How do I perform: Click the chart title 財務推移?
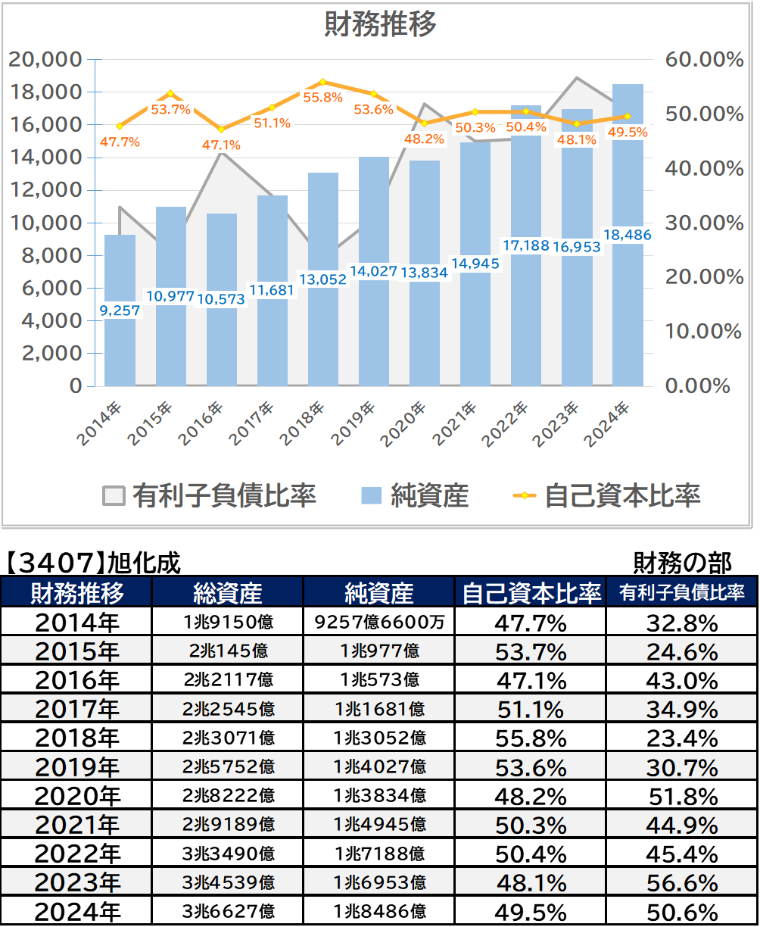click(x=381, y=23)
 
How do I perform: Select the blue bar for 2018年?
click(x=323, y=279)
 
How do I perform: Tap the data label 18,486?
click(x=627, y=235)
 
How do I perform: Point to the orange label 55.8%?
click(x=323, y=97)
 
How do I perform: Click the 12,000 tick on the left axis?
click(x=46, y=190)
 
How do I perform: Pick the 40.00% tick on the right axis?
click(x=704, y=168)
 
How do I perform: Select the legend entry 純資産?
click(x=415, y=495)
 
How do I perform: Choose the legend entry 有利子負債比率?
click(x=209, y=495)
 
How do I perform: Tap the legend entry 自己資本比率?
click(x=606, y=495)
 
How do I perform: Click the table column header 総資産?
click(x=228, y=592)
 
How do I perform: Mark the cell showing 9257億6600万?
click(x=379, y=622)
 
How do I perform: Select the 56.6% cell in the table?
click(x=682, y=883)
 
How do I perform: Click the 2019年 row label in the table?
click(x=77, y=767)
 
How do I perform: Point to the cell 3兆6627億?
click(x=229, y=912)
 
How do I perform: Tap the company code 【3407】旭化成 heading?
click(x=92, y=563)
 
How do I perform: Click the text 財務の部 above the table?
click(x=682, y=563)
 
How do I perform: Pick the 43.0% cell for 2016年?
click(x=682, y=681)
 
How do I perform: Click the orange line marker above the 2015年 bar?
click(x=171, y=94)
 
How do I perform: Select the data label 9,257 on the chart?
click(x=120, y=311)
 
